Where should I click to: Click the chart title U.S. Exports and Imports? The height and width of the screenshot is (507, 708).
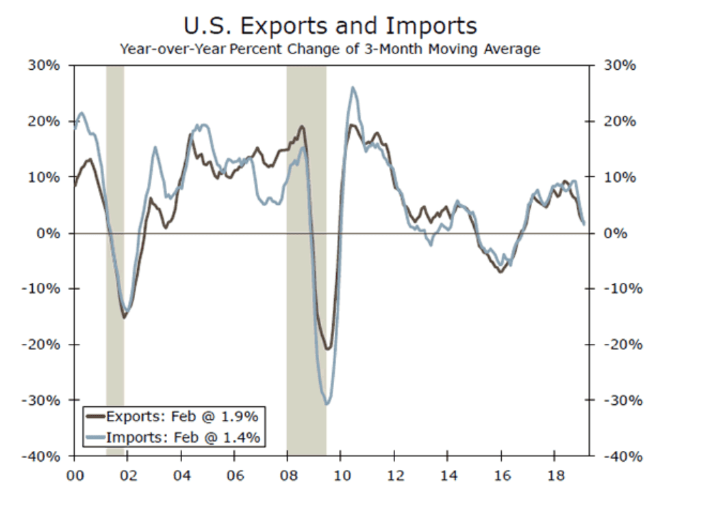(x=330, y=26)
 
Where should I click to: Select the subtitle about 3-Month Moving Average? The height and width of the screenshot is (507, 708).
(x=330, y=49)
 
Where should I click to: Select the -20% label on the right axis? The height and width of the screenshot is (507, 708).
(x=621, y=345)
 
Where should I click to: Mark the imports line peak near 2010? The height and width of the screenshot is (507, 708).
(x=353, y=88)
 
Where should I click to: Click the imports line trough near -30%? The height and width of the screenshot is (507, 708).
(x=327, y=404)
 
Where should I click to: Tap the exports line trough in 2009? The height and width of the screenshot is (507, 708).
(x=329, y=349)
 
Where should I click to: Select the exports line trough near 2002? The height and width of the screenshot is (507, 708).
(x=124, y=317)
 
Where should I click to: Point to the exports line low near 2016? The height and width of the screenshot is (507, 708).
(x=501, y=272)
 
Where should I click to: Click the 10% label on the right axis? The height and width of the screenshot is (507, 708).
(x=619, y=177)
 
